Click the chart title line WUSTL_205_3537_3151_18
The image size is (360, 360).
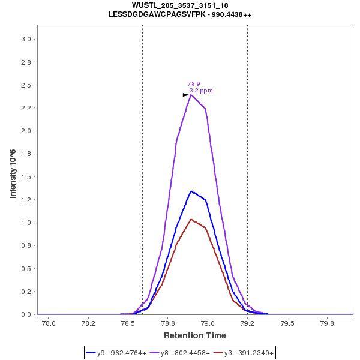tap(180, 5)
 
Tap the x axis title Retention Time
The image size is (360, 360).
tap(195, 335)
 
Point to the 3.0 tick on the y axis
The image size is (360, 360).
tap(26, 40)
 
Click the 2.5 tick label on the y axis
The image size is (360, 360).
tap(26, 85)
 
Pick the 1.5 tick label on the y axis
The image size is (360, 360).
tap(26, 177)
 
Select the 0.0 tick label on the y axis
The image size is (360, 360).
tap(26, 314)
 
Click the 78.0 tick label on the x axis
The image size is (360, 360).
tap(48, 324)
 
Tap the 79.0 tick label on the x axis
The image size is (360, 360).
tap(208, 324)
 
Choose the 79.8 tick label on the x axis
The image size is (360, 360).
tap(327, 324)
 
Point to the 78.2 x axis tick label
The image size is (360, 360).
tap(88, 324)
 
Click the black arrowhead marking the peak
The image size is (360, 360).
tap(186, 95)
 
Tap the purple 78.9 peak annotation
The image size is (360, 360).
tap(194, 84)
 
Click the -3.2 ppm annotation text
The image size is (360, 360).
tap(200, 91)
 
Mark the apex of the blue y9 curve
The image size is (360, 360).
tap(191, 191)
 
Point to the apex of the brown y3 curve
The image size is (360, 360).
tap(191, 219)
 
